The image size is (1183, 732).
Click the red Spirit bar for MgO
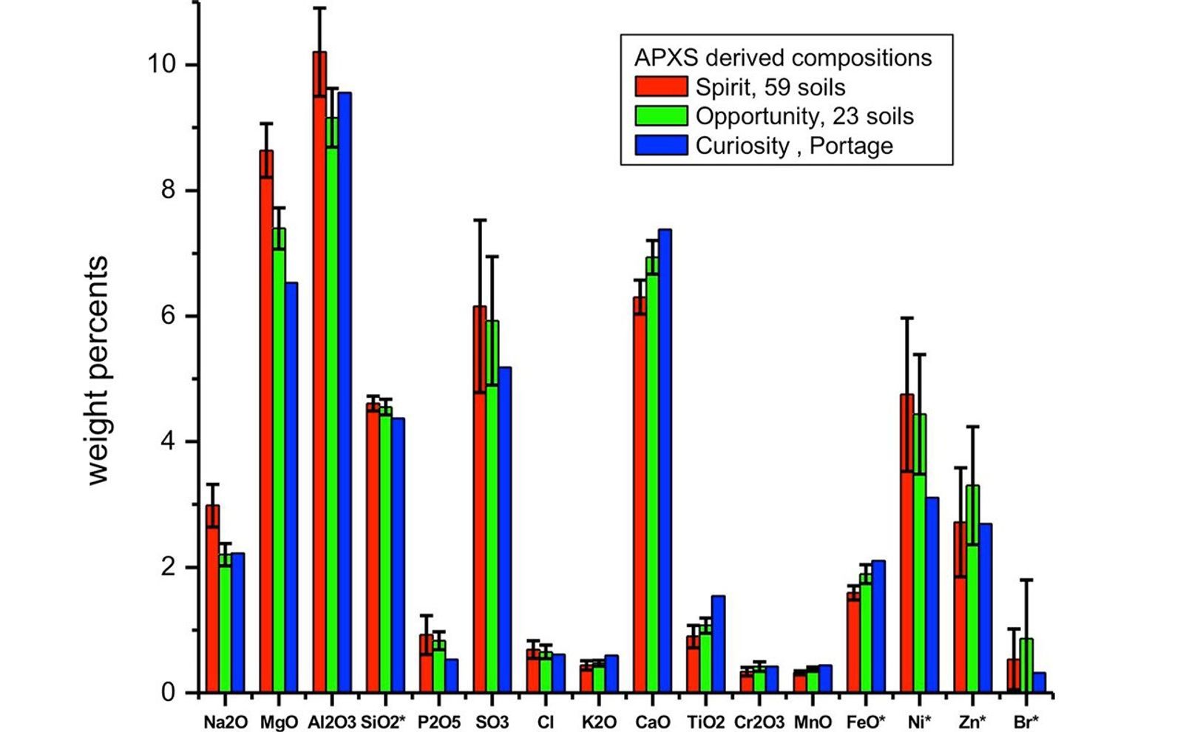[x=266, y=421]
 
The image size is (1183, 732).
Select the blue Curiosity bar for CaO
[x=665, y=461]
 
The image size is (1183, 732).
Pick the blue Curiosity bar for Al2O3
[x=345, y=393]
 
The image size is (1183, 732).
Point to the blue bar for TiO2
[x=718, y=644]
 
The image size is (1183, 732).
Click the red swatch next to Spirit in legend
[x=661, y=87]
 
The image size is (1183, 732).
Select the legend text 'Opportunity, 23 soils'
[x=804, y=116]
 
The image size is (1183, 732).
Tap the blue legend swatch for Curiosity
[x=661, y=145]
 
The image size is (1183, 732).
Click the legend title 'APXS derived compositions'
[x=783, y=58]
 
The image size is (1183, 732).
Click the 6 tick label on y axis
[x=169, y=316]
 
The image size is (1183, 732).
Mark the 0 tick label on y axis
[x=169, y=693]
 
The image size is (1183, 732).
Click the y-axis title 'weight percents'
[x=98, y=370]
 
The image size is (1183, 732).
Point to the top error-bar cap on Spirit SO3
[x=480, y=220]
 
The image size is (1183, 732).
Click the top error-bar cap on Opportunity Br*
[x=1026, y=580]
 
